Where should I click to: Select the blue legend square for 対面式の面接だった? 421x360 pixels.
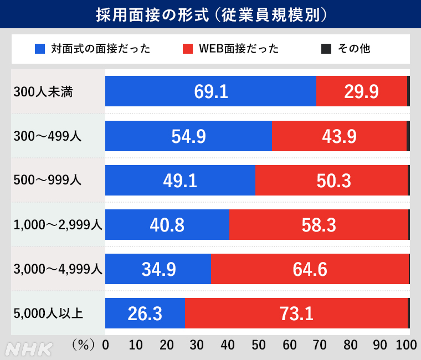tap(39, 49)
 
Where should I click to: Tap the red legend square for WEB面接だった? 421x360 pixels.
tap(188, 49)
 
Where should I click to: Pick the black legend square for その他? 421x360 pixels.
tap(326, 49)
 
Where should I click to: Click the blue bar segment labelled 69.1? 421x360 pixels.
tap(210, 91)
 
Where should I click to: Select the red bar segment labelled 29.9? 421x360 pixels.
tap(361, 91)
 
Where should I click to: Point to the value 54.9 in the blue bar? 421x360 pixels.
tap(188, 136)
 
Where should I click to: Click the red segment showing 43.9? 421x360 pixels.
tap(339, 136)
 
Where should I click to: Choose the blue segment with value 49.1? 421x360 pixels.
tap(180, 180)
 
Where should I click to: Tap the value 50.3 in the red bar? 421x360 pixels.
tap(331, 180)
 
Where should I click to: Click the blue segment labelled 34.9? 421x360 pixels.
tap(158, 269)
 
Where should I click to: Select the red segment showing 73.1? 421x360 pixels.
tap(296, 313)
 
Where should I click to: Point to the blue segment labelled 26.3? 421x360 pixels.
tap(145, 313)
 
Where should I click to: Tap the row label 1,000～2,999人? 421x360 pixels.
tap(58, 225)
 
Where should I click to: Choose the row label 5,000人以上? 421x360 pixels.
tap(48, 314)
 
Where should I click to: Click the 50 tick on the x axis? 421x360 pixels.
tap(258, 345)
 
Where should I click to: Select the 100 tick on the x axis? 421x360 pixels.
tap(407, 345)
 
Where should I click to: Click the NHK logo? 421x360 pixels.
tap(29, 349)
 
